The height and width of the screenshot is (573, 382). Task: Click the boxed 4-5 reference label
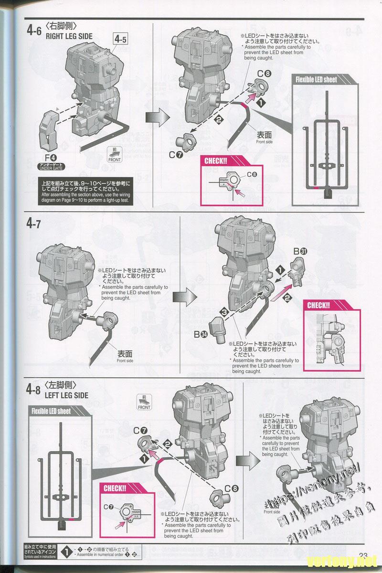120,39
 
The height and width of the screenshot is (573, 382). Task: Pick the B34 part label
200,335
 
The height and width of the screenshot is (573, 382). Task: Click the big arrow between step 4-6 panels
154,117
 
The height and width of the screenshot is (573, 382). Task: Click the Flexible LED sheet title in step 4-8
51,411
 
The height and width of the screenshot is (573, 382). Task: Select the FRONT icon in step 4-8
144,403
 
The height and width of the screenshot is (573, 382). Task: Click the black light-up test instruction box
85,191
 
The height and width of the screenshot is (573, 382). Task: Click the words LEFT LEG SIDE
66,395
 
